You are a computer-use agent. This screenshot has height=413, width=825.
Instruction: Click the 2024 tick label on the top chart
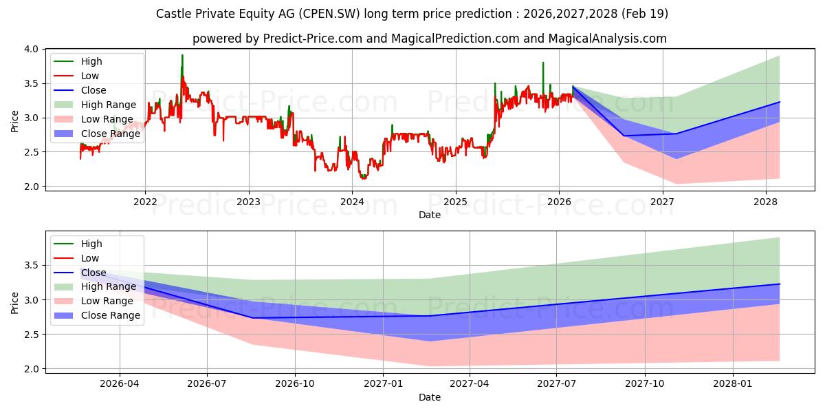tap(352, 202)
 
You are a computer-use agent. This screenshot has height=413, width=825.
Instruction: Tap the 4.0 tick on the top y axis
tap(32, 49)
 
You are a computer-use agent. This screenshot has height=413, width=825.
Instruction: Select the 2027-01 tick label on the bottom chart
tap(383, 384)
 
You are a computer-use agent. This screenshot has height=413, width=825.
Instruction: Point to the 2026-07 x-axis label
tap(207, 384)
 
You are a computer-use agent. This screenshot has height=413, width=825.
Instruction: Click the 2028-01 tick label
tap(733, 384)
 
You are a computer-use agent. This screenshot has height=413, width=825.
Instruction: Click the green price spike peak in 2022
tap(182, 55)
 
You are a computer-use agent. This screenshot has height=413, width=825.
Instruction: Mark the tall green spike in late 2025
tap(543, 63)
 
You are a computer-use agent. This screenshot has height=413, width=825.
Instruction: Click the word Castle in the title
tap(174, 14)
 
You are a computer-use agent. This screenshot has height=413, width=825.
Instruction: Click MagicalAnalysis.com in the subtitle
tap(607, 39)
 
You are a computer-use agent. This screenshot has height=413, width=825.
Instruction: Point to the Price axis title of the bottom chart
tap(14, 303)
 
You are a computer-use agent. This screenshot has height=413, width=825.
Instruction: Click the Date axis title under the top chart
tap(430, 215)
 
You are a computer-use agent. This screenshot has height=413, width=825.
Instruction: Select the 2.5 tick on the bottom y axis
tap(32, 335)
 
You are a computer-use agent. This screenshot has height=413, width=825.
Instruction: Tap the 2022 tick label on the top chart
tap(145, 202)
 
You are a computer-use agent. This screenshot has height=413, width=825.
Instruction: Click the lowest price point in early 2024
tap(363, 179)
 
